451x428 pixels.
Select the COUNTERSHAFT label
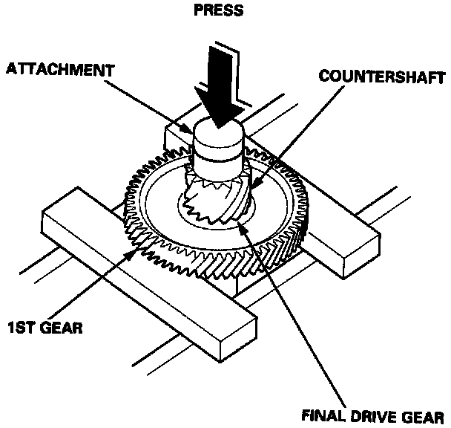point(382,77)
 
